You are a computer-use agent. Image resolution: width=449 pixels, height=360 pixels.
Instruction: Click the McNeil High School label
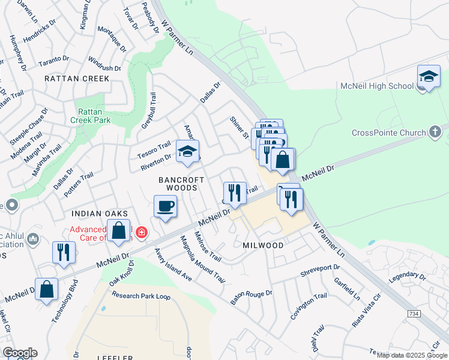[376, 86]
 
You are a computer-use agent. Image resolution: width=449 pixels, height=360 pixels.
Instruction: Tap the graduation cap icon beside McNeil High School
[429, 77]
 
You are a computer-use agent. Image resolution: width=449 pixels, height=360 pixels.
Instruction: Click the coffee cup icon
[165, 206]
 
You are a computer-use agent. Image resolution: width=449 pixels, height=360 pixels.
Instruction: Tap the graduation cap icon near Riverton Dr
[187, 152]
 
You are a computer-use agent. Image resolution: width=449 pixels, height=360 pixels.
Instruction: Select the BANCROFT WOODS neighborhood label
[178, 184]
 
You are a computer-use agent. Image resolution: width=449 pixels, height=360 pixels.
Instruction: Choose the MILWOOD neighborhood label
[262, 246]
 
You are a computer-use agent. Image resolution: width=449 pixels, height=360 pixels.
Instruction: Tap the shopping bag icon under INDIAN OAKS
[119, 230]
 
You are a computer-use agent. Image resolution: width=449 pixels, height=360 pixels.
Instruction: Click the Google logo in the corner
[20, 353]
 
